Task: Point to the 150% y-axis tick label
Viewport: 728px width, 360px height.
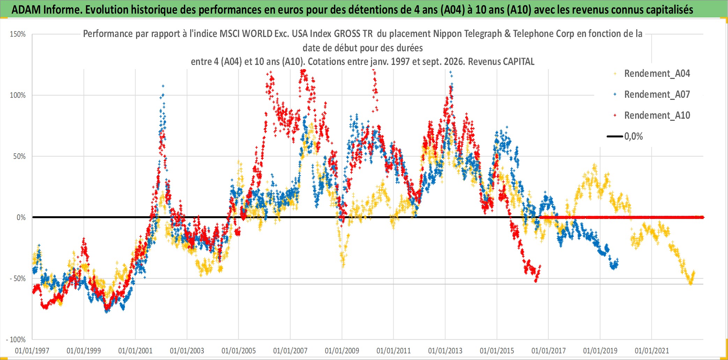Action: click(18, 34)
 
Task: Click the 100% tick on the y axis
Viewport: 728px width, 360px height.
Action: click(18, 95)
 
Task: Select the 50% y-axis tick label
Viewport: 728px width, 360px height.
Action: click(20, 156)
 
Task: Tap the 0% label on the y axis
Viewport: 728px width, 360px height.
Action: click(21, 218)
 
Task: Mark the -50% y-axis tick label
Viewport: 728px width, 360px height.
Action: click(18, 279)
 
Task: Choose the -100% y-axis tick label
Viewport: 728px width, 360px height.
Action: click(16, 339)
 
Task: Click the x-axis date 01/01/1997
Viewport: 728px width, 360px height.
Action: click(32, 351)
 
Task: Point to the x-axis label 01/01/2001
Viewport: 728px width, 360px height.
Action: click(135, 351)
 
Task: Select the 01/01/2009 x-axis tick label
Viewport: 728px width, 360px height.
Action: click(342, 351)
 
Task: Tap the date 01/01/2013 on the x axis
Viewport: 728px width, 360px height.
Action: click(445, 351)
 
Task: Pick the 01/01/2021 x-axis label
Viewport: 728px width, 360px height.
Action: click(652, 351)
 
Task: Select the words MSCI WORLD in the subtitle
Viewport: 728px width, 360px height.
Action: click(246, 34)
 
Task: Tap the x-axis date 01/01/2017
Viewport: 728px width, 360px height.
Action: click(549, 351)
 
